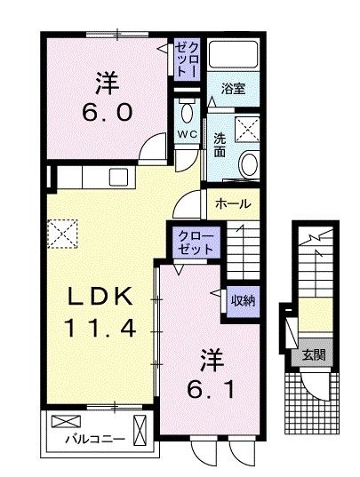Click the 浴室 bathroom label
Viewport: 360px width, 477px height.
coord(235,89)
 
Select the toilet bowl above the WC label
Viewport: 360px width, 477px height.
coord(187,113)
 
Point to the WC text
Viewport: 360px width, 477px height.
coord(187,133)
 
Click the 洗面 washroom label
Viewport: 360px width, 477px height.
coord(219,145)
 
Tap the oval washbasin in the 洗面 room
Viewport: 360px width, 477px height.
coord(249,163)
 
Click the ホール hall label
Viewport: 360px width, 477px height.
coord(233,203)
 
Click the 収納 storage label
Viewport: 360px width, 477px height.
coord(243,299)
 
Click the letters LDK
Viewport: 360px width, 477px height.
coord(100,297)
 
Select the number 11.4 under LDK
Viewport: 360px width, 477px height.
coord(100,330)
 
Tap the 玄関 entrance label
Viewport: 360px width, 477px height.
coord(312,353)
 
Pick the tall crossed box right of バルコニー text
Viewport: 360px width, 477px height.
coord(140,429)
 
